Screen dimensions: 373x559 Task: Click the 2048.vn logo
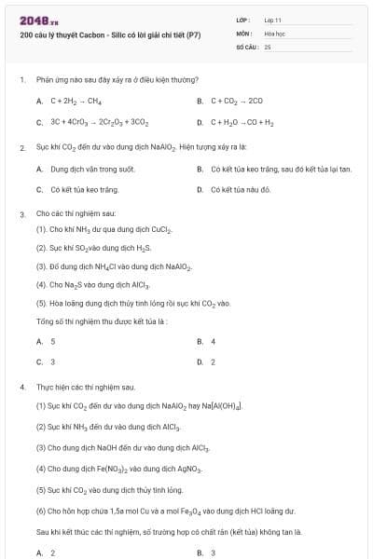39,20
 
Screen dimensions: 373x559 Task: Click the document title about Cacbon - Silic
110,35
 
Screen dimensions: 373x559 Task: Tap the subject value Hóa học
274,33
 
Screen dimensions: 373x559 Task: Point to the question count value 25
268,46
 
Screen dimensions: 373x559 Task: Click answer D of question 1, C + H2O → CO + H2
242,122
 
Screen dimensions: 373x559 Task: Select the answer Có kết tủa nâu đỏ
240,189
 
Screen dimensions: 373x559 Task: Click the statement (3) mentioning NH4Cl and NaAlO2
114,266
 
